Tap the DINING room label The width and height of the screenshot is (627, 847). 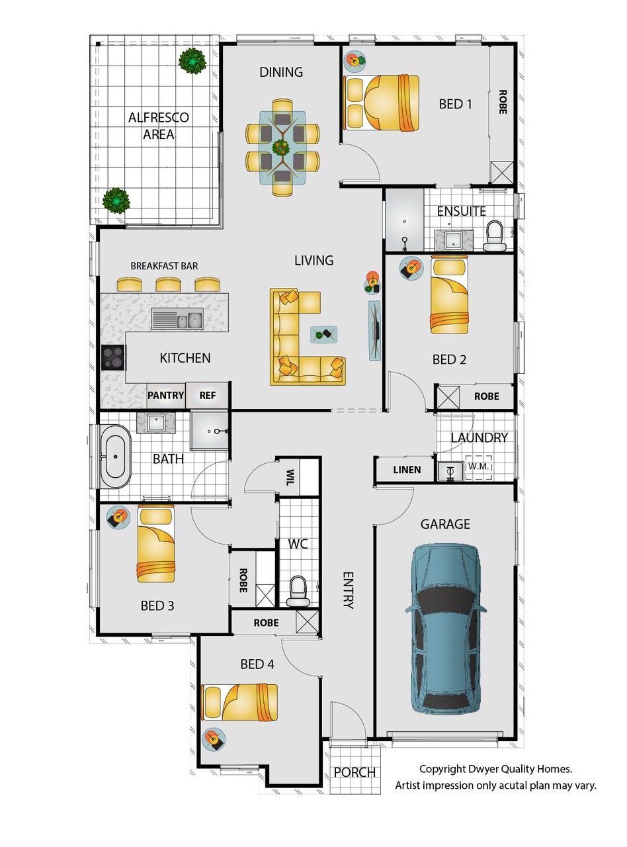tap(281, 72)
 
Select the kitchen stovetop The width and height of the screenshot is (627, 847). tap(113, 357)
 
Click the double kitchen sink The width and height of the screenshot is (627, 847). tap(177, 319)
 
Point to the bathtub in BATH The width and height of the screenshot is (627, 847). tap(115, 457)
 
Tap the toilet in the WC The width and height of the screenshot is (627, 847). tap(298, 591)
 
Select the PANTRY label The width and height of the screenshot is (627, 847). tap(166, 395)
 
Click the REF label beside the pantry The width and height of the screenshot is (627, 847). tap(207, 396)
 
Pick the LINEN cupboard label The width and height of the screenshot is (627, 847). tap(407, 470)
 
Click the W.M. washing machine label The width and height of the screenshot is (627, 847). tap(478, 467)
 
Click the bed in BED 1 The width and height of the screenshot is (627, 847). tap(382, 103)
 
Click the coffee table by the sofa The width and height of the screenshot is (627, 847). tap(323, 335)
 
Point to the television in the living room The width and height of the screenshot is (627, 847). tap(374, 330)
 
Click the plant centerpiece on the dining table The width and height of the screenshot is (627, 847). tap(282, 147)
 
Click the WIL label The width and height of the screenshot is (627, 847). tap(290, 477)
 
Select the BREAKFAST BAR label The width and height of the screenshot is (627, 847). tap(164, 266)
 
